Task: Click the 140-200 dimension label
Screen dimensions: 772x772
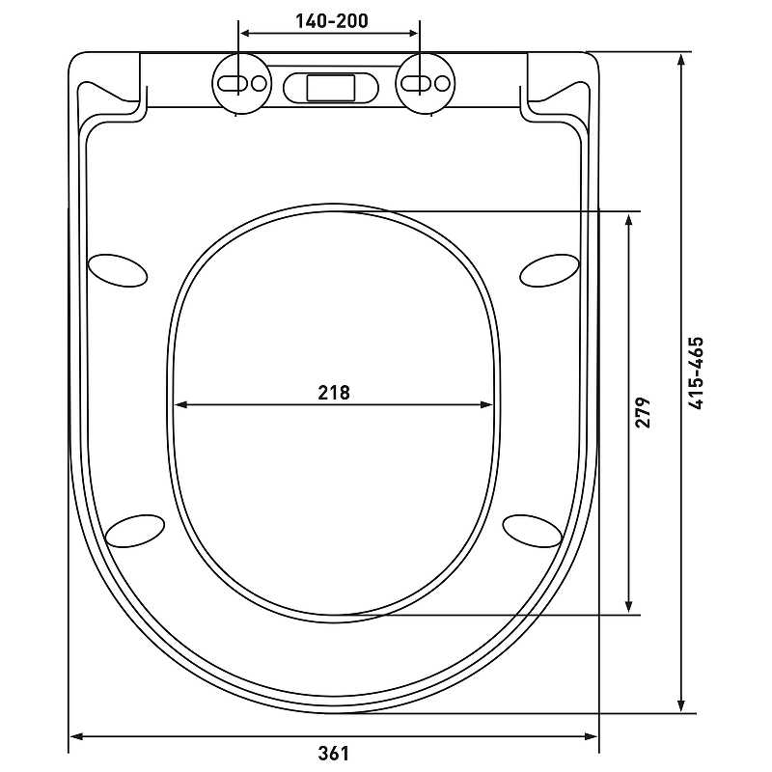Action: pos(331,20)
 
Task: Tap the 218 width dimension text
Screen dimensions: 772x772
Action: pos(334,393)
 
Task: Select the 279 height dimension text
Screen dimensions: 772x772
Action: pos(642,412)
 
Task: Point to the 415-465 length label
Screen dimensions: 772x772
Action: pos(696,373)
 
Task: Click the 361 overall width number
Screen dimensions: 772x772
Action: pos(333,754)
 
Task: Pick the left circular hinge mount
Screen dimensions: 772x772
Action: pos(242,83)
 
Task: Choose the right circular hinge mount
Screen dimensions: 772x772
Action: pos(426,83)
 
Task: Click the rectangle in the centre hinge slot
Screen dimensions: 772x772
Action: pos(331,88)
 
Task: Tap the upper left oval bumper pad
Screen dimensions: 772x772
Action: pos(117,270)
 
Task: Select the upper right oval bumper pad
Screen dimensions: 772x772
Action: pos(549,270)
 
